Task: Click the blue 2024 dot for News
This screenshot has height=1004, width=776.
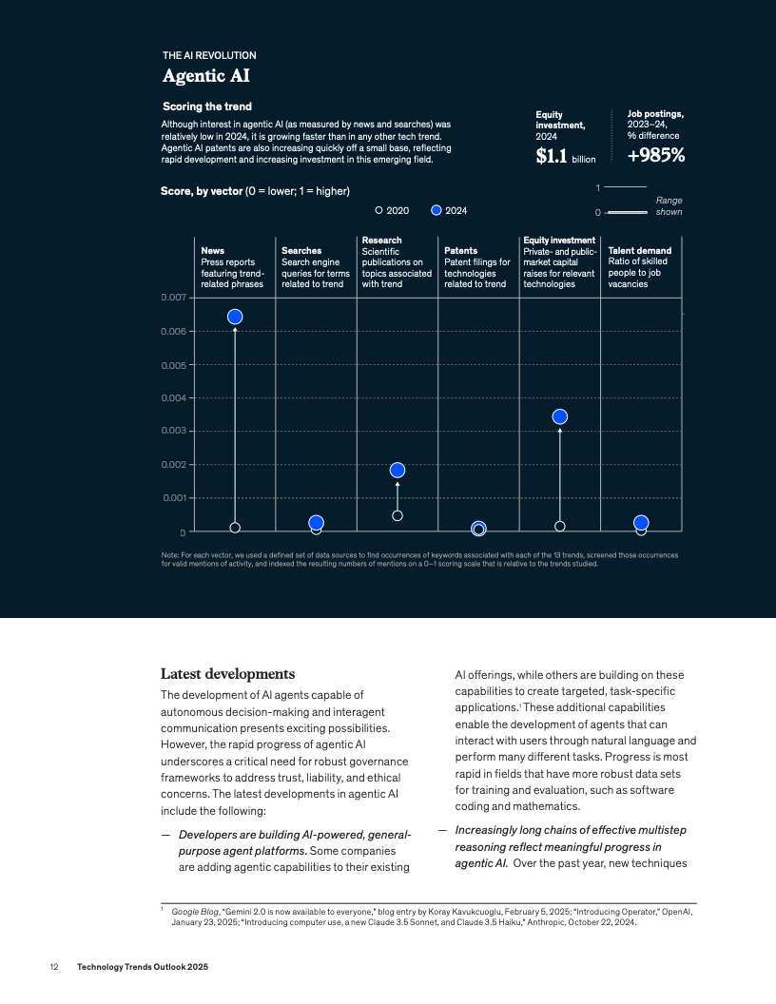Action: [235, 317]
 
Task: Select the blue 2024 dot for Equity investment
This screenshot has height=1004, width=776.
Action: [560, 416]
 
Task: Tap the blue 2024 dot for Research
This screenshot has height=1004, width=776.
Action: [398, 471]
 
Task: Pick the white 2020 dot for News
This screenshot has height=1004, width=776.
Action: [235, 528]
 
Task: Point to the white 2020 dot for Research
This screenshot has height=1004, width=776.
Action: [398, 515]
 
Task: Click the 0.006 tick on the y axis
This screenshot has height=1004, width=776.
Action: [172, 332]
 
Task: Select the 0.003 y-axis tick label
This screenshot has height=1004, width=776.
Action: [172, 431]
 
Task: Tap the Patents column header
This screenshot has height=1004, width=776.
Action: [461, 251]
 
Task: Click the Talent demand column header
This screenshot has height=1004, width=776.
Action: [639, 251]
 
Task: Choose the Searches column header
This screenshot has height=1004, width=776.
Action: [301, 251]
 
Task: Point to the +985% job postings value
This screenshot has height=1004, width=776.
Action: [656, 155]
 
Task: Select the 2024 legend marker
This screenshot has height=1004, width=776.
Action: [436, 210]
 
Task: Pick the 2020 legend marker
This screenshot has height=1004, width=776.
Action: [378, 210]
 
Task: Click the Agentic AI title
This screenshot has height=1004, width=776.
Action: [206, 75]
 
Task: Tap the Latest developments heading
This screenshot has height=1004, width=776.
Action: [221, 674]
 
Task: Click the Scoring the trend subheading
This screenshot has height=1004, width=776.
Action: [207, 106]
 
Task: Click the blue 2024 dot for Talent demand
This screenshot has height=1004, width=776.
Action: [641, 523]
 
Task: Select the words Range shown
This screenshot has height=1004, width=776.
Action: [669, 205]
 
